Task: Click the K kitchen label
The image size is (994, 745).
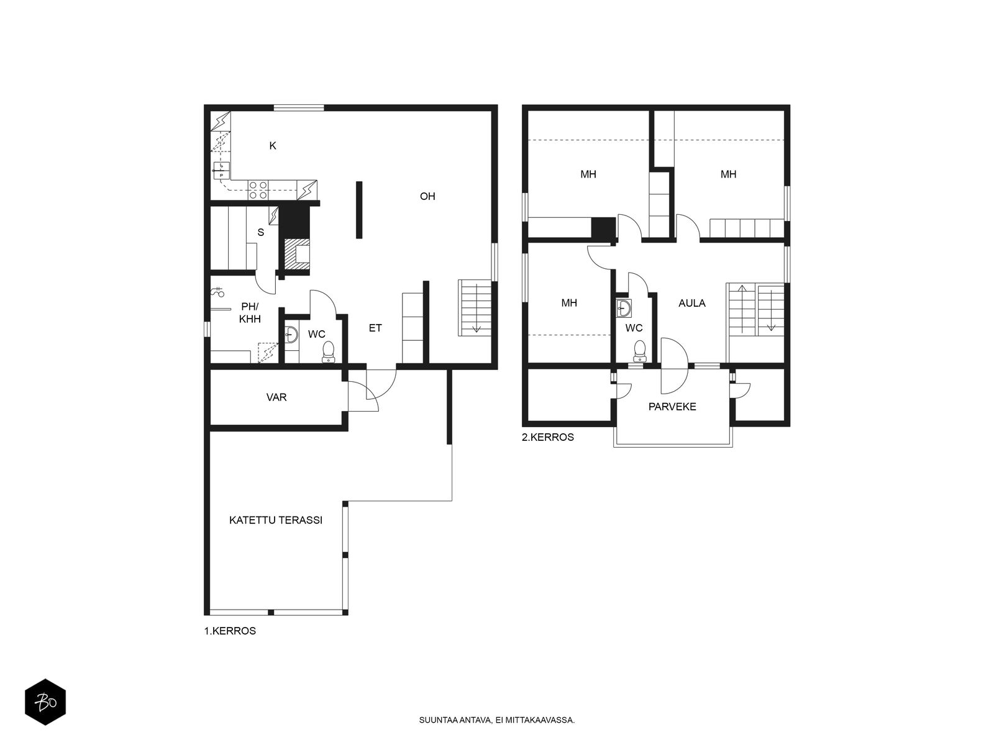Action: tap(273, 146)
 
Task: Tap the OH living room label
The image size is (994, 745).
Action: tap(427, 196)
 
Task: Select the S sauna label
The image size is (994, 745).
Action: tap(261, 232)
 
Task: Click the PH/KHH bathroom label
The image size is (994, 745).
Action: tap(250, 313)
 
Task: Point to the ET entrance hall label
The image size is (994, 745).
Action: tap(375, 328)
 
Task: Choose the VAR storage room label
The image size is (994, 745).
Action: tap(276, 397)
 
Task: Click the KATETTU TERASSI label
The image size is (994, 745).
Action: tap(276, 520)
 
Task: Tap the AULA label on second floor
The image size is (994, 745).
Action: tap(692, 303)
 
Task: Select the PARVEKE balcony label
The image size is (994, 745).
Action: tap(672, 407)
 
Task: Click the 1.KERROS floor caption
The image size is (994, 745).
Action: tap(230, 631)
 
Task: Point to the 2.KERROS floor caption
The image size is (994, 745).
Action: tap(548, 438)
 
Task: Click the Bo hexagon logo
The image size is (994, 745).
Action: tap(45, 702)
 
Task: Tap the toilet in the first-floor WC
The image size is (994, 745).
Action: tap(328, 352)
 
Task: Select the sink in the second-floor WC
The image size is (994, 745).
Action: tap(624, 308)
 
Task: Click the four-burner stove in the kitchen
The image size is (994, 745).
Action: tap(258, 190)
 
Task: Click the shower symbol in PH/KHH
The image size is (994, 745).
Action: tap(218, 292)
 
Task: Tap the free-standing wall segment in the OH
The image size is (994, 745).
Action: tap(359, 210)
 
